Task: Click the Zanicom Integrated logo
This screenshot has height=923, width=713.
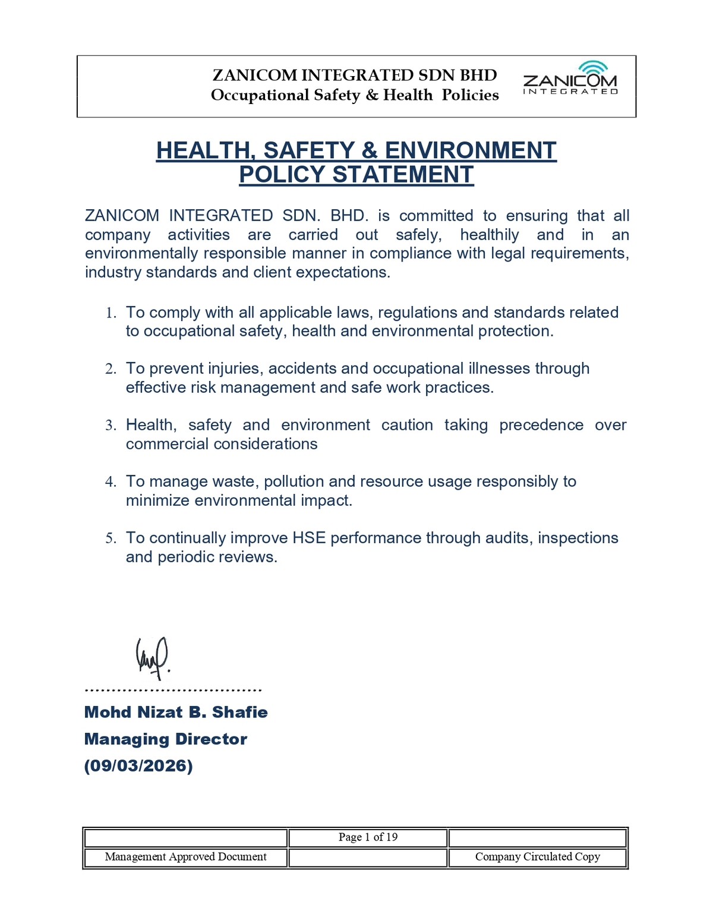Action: (570, 78)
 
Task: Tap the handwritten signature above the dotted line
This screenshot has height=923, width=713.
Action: (153, 657)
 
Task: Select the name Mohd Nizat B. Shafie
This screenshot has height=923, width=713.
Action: (176, 712)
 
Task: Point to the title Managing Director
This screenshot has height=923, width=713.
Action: (166, 739)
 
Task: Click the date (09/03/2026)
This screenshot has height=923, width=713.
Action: (138, 766)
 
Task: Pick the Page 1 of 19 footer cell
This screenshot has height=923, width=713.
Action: (368, 837)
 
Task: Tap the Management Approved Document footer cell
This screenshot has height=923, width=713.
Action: (185, 857)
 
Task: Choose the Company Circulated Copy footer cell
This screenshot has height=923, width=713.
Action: (537, 857)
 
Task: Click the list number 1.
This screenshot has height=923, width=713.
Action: (110, 313)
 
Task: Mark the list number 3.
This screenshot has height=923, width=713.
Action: (110, 426)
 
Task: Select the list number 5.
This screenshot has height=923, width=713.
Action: (110, 538)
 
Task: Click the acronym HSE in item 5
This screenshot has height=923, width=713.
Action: (309, 538)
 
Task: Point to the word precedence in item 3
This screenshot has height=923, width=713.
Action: (541, 425)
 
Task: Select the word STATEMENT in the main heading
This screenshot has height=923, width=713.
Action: (402, 175)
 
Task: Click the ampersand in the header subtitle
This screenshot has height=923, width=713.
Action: (372, 95)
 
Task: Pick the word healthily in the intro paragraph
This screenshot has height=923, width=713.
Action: (490, 235)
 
